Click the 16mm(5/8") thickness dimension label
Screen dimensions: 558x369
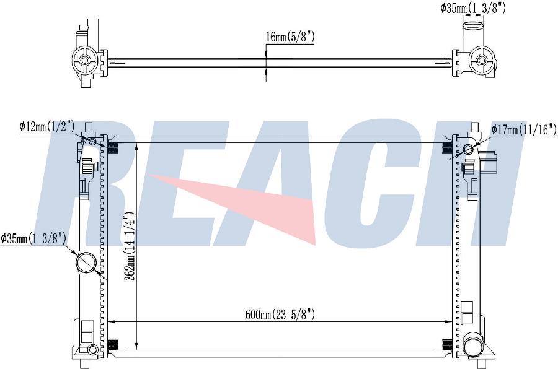click(290, 37)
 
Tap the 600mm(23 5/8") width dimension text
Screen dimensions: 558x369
click(280, 315)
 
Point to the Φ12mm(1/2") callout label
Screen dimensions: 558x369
click(47, 126)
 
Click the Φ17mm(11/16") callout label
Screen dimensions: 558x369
click(523, 130)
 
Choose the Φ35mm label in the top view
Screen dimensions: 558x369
click(473, 8)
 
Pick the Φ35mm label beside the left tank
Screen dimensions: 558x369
click(33, 238)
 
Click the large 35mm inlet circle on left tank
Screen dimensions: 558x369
click(86, 263)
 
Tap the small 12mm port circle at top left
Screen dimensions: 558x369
click(92, 142)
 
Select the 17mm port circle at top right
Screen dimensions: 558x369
click(468, 149)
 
